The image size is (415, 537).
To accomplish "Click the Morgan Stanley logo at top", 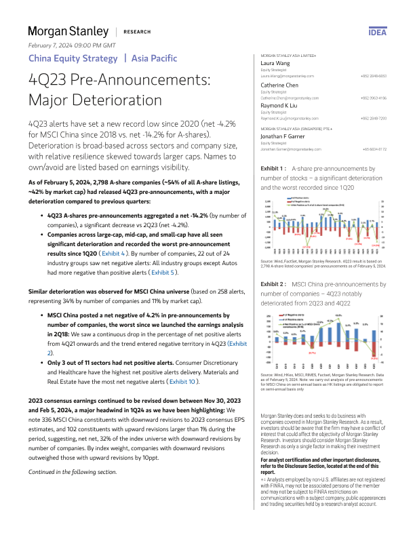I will coord(68,32).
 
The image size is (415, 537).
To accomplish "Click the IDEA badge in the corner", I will coord(376,32).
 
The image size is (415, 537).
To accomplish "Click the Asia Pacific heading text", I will coord(155,58).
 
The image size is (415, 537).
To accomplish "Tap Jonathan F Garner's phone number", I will coord(374,148).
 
